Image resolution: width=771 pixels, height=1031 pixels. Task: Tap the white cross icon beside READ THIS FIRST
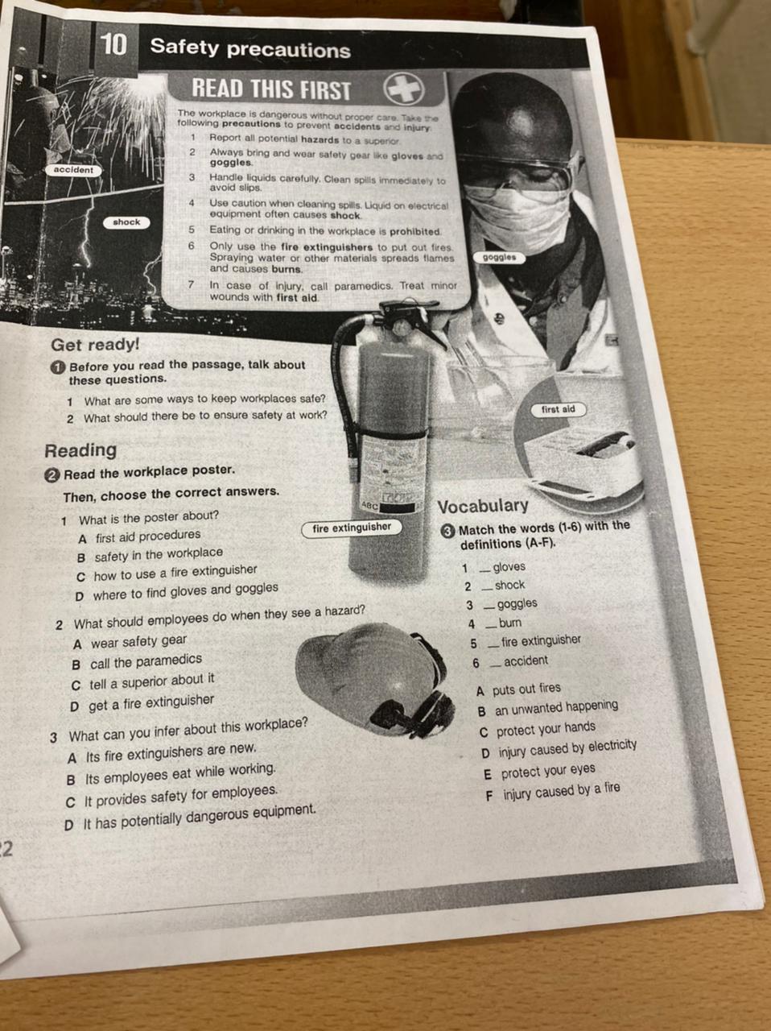(404, 89)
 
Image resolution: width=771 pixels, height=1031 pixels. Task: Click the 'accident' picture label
(73, 170)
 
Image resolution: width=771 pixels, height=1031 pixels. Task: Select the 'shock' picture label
(126, 222)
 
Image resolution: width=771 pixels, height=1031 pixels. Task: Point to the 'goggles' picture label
(499, 258)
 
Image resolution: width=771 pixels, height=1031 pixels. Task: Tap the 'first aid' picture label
(558, 409)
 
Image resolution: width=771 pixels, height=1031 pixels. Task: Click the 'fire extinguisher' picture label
(352, 528)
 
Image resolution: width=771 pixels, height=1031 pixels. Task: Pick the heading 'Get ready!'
(95, 344)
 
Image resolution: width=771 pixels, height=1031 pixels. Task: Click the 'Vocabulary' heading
(483, 506)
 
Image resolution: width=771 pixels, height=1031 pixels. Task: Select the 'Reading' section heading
(80, 450)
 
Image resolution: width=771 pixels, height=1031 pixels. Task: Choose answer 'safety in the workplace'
(159, 554)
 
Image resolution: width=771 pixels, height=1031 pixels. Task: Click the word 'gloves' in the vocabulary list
(509, 567)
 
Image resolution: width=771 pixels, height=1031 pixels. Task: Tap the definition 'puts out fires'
(526, 689)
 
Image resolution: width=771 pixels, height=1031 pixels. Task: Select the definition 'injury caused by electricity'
(567, 749)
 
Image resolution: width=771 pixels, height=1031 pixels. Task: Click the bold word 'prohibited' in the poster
(415, 231)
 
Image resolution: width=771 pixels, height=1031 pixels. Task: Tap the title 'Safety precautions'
(250, 48)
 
